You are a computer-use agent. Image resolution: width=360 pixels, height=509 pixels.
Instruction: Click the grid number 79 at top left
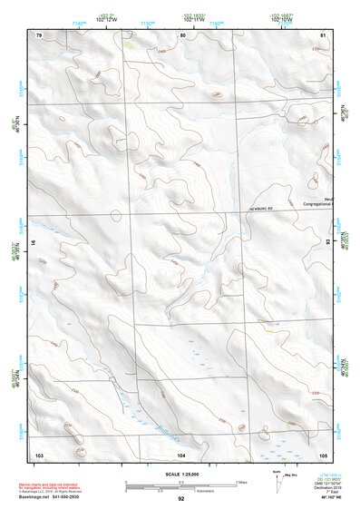pos(39,34)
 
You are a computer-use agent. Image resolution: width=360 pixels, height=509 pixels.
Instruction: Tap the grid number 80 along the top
pos(182,34)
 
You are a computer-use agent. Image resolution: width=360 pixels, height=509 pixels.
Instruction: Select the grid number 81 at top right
pos(323,34)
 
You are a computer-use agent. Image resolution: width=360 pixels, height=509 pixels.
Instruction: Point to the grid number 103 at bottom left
pos(39,454)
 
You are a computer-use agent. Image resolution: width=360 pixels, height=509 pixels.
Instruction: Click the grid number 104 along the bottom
pos(181,454)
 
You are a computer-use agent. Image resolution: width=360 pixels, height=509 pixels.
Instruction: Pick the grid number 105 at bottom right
pos(322,454)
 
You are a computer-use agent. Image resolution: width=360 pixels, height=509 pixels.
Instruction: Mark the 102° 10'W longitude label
pos(281,19)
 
